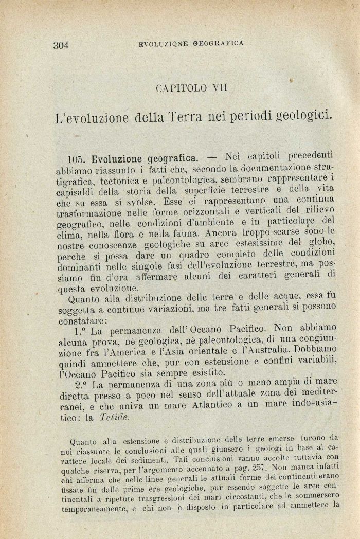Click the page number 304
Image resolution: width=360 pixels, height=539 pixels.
(61, 45)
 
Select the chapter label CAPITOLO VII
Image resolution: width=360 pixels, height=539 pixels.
(191, 88)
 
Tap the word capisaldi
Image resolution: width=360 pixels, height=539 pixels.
(75, 191)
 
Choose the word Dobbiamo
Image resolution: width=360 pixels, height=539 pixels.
(314, 349)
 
